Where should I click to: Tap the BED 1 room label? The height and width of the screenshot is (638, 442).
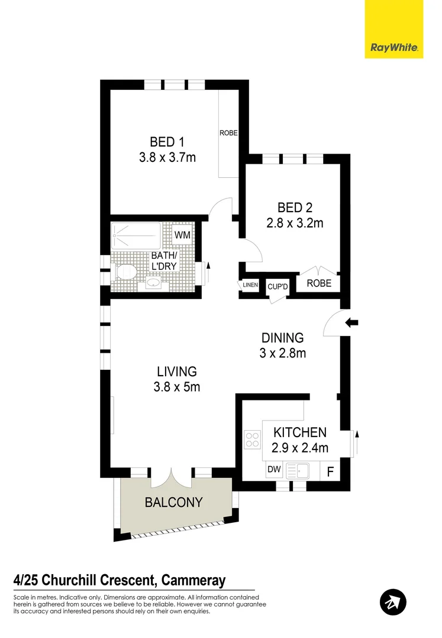pos(167,142)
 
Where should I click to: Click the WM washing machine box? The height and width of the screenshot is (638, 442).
pos(182,235)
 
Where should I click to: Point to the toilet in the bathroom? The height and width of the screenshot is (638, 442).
pos(125,272)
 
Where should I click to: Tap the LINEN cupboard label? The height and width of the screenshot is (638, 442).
pos(250,285)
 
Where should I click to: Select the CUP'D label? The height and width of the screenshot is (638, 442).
pos(277,286)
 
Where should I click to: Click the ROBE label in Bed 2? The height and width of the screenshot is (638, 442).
pos(318,284)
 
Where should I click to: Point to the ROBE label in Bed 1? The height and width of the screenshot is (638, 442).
pos(228,133)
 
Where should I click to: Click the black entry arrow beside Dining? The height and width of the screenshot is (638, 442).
pos(351,323)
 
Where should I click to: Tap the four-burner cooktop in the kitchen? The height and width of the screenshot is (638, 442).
pos(251,439)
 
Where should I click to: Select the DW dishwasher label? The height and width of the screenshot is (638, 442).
pos(273,470)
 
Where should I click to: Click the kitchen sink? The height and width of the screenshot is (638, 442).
pos(298,471)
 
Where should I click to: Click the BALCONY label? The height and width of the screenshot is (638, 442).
pos(173,503)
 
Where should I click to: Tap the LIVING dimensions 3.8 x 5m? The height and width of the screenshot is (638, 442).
pos(176,387)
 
